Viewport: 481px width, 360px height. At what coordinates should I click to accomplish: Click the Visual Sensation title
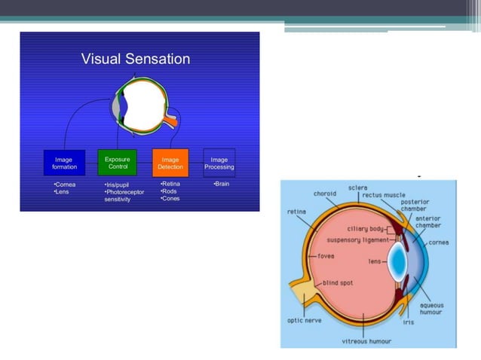pos(136,59)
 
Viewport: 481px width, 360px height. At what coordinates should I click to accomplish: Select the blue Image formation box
pos(63,163)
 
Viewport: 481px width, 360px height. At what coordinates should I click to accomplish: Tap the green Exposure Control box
pos(117,163)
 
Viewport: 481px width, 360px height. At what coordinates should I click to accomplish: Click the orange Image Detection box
pos(170,163)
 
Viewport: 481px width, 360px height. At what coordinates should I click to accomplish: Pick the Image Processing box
pos(219,163)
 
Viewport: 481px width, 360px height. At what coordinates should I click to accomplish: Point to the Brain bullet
pos(221,184)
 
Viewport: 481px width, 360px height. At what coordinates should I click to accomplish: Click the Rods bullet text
pos(170,191)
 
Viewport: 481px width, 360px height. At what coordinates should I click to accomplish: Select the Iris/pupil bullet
pos(118,184)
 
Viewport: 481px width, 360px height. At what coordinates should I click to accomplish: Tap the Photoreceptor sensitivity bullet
pos(124,196)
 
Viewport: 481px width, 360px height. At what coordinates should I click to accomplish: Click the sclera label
pos(358,188)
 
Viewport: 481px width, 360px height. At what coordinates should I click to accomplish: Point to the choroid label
pos(325,194)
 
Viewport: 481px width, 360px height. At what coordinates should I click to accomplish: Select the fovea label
pos(326,256)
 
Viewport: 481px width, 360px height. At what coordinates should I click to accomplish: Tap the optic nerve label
pos(305,319)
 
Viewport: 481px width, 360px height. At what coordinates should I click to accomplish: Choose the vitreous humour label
pos(366,340)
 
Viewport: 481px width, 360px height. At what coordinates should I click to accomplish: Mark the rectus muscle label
pos(383,195)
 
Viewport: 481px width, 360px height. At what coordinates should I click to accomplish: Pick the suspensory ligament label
pos(357,240)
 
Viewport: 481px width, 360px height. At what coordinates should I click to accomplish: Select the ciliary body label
pos(368,228)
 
